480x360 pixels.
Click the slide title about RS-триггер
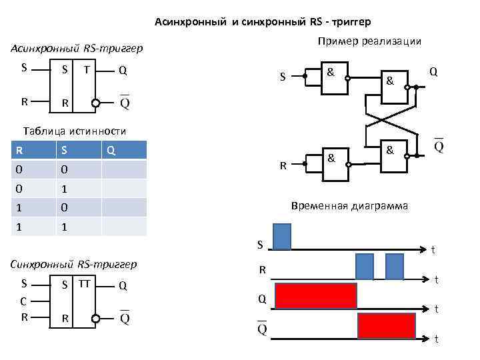(x=263, y=23)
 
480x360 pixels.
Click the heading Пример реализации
(x=369, y=41)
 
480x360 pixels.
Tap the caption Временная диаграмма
(x=350, y=207)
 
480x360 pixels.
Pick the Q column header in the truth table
(x=111, y=151)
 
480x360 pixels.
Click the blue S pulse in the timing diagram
(x=282, y=237)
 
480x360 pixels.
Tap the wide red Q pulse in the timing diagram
(x=316, y=296)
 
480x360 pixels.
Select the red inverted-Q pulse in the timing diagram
(x=386, y=326)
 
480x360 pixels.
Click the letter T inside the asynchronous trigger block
(x=87, y=69)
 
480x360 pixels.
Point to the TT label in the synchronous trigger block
(x=85, y=283)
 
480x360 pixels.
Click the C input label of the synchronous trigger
(x=24, y=301)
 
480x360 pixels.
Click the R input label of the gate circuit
(x=283, y=165)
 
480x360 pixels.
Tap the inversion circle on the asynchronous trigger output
(x=96, y=103)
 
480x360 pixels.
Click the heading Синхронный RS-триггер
(x=74, y=264)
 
